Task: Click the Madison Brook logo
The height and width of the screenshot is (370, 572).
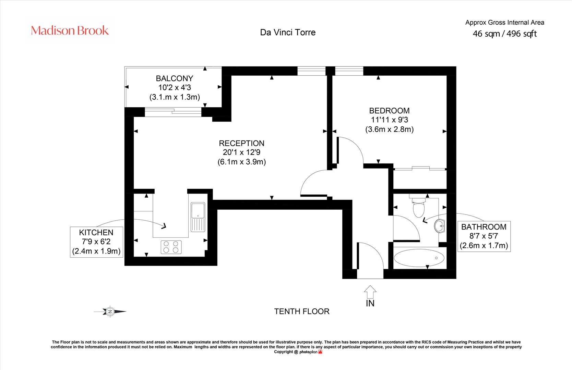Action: click(70, 30)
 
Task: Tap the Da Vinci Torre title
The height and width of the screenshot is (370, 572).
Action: click(288, 33)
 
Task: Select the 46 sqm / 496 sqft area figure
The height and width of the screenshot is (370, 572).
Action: click(504, 34)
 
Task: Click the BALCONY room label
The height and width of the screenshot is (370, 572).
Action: click(175, 78)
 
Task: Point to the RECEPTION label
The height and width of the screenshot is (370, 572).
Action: click(241, 143)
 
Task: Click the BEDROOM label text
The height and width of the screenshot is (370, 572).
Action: click(389, 111)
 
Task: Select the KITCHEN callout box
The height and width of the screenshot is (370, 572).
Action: click(96, 242)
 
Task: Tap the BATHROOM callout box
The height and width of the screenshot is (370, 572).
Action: click(484, 236)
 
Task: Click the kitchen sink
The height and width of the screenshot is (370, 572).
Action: click(198, 217)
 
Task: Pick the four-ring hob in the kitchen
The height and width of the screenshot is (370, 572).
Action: click(171, 247)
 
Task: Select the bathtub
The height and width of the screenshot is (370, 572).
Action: click(419, 258)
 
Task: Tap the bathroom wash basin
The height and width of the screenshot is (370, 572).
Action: click(440, 226)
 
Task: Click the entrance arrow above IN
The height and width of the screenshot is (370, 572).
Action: click(370, 292)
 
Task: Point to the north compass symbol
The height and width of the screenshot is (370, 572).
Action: click(110, 311)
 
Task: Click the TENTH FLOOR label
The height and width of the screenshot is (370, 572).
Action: click(302, 311)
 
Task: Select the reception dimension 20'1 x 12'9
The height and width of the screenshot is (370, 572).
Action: click(241, 152)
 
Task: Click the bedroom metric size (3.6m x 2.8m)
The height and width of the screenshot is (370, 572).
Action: click(390, 129)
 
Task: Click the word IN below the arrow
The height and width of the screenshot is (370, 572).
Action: click(370, 303)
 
